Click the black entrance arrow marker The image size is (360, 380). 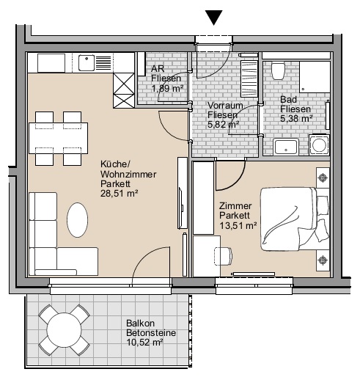pyautogui.click(x=214, y=17)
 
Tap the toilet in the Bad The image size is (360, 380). pyautogui.click(x=278, y=71)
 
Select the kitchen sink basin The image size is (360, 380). pyautogui.click(x=87, y=63)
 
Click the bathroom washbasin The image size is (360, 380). pyautogui.click(x=285, y=147)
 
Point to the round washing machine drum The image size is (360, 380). pyautogui.click(x=319, y=145)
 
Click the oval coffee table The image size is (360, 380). pyautogui.click(x=78, y=219)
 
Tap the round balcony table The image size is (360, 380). pyautogui.click(x=64, y=330)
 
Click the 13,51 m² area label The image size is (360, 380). pyautogui.click(x=238, y=225)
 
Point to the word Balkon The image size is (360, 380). pyautogui.click(x=141, y=324)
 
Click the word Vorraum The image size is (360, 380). pyautogui.click(x=225, y=106)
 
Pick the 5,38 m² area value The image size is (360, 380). pyautogui.click(x=296, y=119)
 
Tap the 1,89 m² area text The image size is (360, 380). pyautogui.click(x=167, y=88)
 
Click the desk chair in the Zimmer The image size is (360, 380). pyautogui.click(x=223, y=256)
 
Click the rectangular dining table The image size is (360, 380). pyautogui.click(x=58, y=138)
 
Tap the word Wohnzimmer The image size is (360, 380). pyautogui.click(x=128, y=175)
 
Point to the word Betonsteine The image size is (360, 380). pyautogui.click(x=151, y=333)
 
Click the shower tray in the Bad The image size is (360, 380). pyautogui.click(x=315, y=77)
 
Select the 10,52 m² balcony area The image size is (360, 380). pyautogui.click(x=144, y=342)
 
